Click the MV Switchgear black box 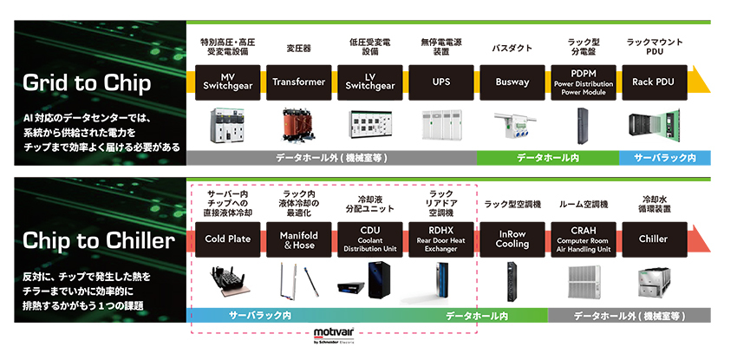pyautogui.click(x=226, y=82)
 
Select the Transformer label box pyautogui.click(x=298, y=82)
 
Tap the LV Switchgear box pyautogui.click(x=370, y=82)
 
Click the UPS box pyautogui.click(x=441, y=82)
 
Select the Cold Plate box pyautogui.click(x=227, y=239)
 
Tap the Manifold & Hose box pyautogui.click(x=298, y=239)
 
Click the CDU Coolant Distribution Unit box pyautogui.click(x=370, y=239)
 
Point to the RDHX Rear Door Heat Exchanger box pyautogui.click(x=441, y=239)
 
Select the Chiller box pyautogui.click(x=653, y=239)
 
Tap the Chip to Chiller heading pyautogui.click(x=97, y=239)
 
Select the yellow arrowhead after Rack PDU pyautogui.click(x=702, y=82)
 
